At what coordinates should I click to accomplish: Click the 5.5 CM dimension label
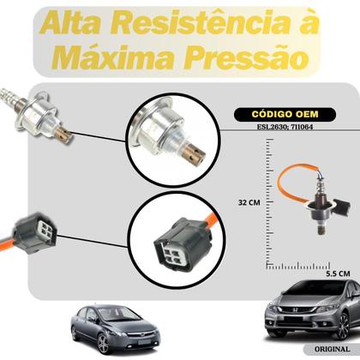click(x=337, y=273)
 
